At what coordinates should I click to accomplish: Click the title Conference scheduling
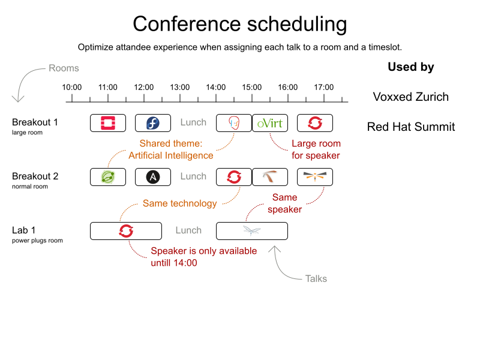[x=239, y=24]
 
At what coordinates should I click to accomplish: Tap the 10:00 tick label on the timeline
[x=72, y=87]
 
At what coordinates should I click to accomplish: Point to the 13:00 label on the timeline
[x=180, y=87]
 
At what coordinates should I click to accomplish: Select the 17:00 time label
[x=324, y=87]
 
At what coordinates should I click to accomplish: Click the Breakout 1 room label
[x=35, y=122]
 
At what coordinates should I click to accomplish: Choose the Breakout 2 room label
[x=35, y=176]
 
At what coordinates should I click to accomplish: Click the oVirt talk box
[x=270, y=123]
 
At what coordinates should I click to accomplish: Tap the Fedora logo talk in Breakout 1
[x=153, y=123]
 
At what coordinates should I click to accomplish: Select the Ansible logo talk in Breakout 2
[x=153, y=177]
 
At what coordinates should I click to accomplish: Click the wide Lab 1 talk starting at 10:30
[x=126, y=231]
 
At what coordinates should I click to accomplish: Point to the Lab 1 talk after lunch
[x=252, y=231]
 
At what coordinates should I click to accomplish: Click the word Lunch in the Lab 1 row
[x=188, y=230]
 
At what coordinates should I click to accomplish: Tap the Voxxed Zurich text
[x=410, y=97]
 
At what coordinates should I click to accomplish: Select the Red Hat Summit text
[x=411, y=127]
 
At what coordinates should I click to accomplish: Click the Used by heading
[x=411, y=67]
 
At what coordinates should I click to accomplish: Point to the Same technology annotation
[x=180, y=203]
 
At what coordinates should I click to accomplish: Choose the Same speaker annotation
[x=284, y=203]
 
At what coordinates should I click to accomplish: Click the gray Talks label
[x=316, y=278]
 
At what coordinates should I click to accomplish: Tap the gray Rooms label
[x=64, y=68]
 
